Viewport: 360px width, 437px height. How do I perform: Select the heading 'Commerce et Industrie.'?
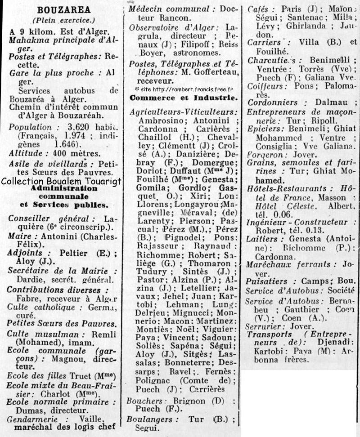(x=183, y=97)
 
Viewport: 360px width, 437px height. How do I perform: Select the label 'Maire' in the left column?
(x=20, y=236)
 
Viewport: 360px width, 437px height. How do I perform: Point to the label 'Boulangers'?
(x=149, y=419)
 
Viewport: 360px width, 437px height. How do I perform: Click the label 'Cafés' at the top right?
(x=258, y=9)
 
